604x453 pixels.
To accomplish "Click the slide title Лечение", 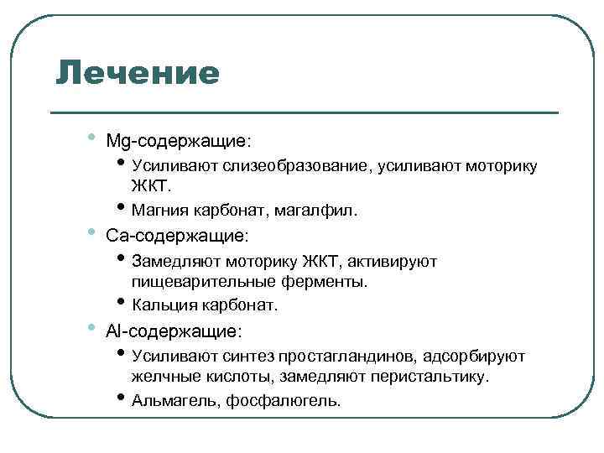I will pyautogui.click(x=138, y=74).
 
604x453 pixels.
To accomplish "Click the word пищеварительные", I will pyautogui.click(x=193, y=281).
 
